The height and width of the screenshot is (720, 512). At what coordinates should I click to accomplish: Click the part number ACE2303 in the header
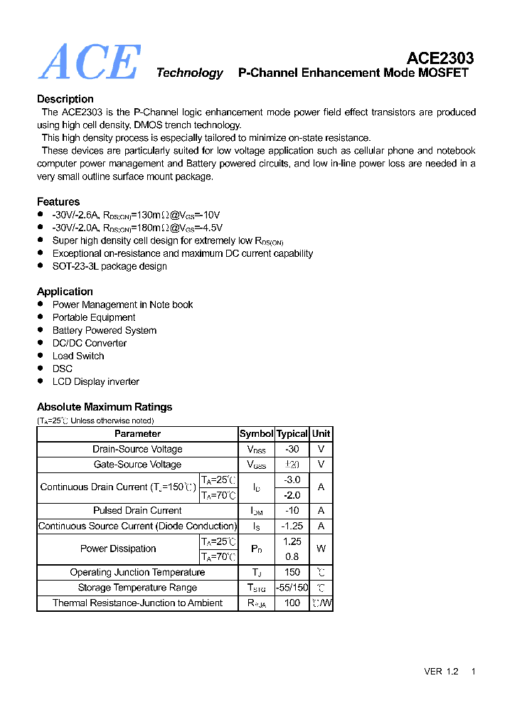(x=440, y=58)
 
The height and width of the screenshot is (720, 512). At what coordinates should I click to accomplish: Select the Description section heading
(x=65, y=99)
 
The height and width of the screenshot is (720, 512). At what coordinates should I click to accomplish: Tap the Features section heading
(x=58, y=201)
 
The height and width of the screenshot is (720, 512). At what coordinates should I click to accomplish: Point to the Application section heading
(x=65, y=291)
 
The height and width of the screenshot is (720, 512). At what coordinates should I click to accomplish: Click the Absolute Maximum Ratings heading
(x=105, y=407)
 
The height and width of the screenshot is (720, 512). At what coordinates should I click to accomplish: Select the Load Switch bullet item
(x=78, y=356)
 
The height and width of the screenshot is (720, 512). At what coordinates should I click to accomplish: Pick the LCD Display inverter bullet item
(x=96, y=381)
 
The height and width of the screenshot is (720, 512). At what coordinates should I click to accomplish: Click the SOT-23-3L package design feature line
(x=110, y=266)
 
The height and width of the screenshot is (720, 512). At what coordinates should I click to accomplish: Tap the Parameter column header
(x=137, y=433)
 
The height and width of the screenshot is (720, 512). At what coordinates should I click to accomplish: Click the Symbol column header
(x=256, y=433)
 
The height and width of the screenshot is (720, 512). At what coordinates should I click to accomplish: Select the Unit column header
(x=321, y=433)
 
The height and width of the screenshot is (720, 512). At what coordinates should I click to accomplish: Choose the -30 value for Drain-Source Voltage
(x=292, y=449)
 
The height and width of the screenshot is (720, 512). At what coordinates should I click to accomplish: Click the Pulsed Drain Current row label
(x=137, y=510)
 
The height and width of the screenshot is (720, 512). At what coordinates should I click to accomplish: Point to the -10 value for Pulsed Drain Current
(x=292, y=510)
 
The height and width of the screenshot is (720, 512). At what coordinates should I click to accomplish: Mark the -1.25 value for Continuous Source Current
(x=292, y=526)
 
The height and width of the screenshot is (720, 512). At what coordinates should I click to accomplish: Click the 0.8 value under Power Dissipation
(x=292, y=556)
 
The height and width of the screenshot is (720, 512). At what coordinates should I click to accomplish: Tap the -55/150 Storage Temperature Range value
(x=292, y=588)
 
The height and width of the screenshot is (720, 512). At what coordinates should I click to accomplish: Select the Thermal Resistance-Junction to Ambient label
(x=137, y=603)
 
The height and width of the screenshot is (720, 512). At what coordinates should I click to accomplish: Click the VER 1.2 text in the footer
(x=441, y=672)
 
